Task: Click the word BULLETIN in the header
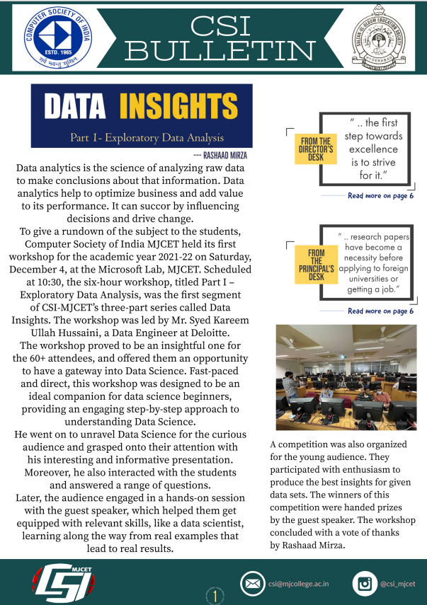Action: (224, 51)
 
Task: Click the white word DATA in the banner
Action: (76, 107)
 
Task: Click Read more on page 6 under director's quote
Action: (380, 195)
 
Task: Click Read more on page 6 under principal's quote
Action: (380, 311)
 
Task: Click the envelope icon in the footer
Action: (251, 584)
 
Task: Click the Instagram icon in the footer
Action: (364, 584)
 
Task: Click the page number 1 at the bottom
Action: (214, 597)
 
